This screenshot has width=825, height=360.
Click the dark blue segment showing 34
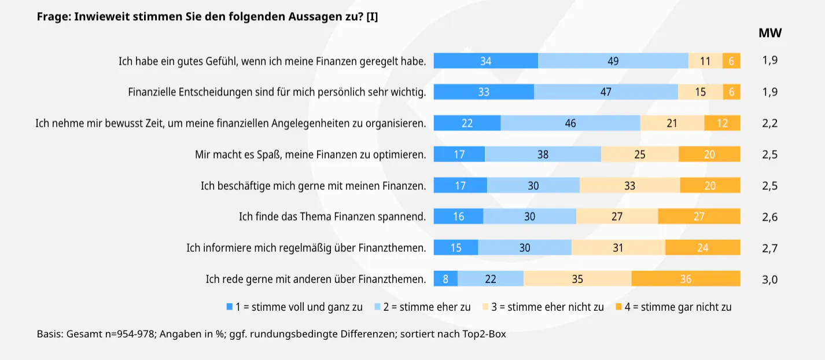485,61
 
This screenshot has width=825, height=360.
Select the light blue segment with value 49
613,61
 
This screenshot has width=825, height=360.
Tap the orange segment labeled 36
686,279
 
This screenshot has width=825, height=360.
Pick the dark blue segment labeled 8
445,279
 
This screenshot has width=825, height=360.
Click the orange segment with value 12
722,123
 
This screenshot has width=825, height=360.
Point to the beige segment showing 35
577,279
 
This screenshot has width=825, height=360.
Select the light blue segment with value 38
543,155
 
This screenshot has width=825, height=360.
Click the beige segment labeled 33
629,186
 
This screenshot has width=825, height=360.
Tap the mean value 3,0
770,280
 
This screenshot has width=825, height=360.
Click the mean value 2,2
770,123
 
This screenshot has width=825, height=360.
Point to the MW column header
770,33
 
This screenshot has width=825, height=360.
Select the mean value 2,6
770,217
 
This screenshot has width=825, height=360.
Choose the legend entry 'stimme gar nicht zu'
686,307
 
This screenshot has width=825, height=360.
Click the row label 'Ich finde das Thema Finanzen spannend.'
332,217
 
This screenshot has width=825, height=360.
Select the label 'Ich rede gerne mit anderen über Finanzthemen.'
316,280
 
